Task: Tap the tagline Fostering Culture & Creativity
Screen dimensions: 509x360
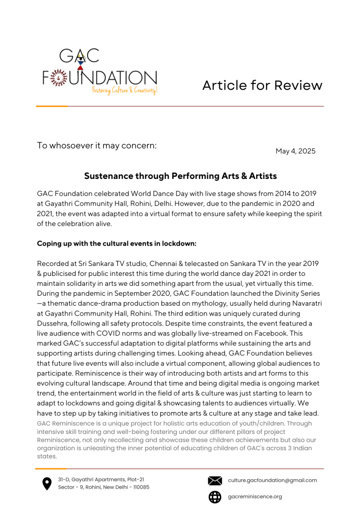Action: point(125,90)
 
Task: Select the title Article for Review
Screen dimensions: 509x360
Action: point(262,85)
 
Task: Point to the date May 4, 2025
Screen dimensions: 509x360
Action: point(295,151)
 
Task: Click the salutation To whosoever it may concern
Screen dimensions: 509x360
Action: point(97,146)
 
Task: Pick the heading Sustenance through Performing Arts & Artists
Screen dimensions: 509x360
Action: point(180,176)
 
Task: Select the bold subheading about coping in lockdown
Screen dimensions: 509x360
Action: point(116,244)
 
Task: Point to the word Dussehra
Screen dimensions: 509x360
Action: point(53,323)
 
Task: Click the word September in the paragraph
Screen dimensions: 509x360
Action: point(134,293)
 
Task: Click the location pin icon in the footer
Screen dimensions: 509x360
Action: point(47,484)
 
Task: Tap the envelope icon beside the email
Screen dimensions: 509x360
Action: point(215,481)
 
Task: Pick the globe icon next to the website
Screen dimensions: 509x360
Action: point(215,497)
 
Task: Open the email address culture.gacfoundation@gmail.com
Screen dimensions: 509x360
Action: point(272,480)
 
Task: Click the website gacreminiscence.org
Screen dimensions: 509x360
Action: point(255,497)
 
